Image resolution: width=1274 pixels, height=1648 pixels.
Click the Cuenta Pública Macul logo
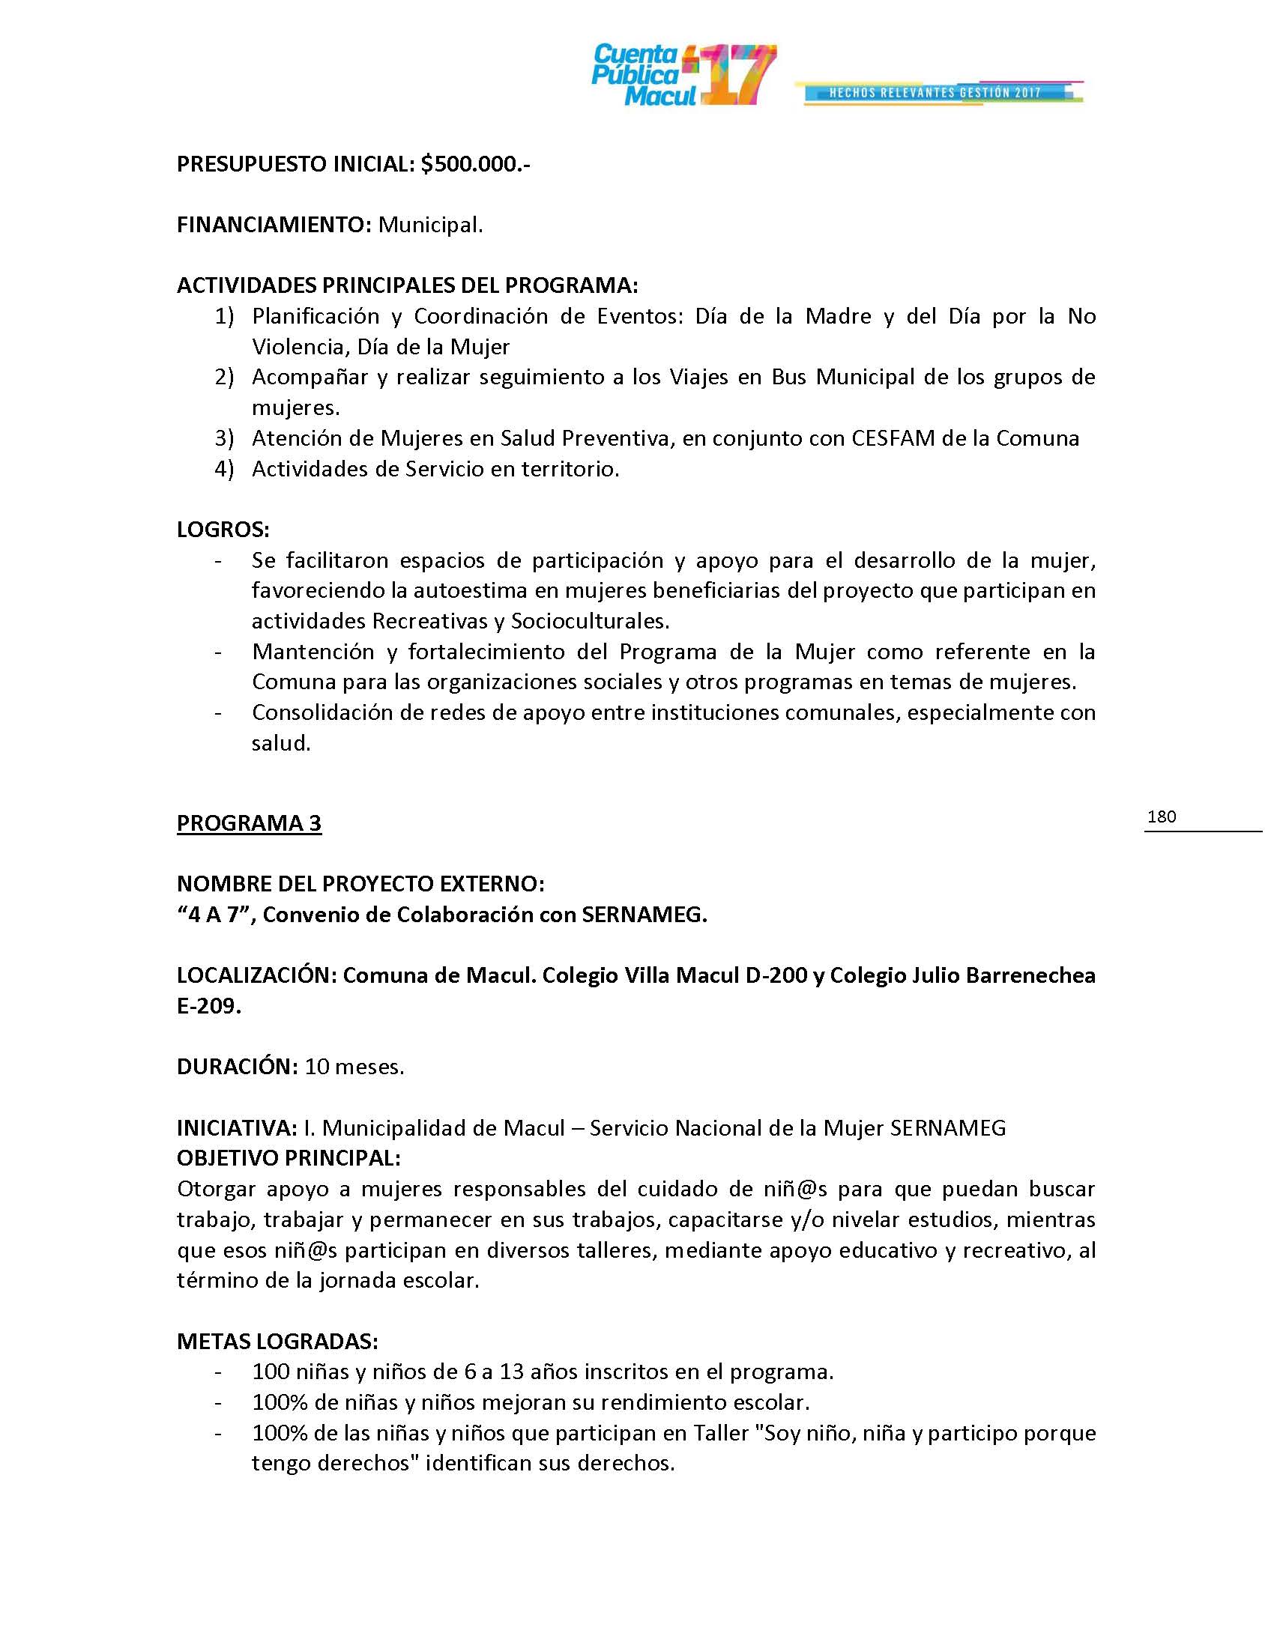(683, 75)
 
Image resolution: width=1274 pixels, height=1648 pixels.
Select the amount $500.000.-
(475, 165)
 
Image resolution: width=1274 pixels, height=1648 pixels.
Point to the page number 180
(1162, 817)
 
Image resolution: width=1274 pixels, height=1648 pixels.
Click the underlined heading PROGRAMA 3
(249, 823)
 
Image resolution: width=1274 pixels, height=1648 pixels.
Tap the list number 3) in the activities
(224, 438)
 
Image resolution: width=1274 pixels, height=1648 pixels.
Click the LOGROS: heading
(223, 530)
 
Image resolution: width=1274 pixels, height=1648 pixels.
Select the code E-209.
(208, 1007)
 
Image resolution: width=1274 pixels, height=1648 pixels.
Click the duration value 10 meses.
(354, 1067)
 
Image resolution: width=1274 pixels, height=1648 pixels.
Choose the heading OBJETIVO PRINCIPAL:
(289, 1157)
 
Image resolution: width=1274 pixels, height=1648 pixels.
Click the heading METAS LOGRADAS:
(277, 1342)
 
